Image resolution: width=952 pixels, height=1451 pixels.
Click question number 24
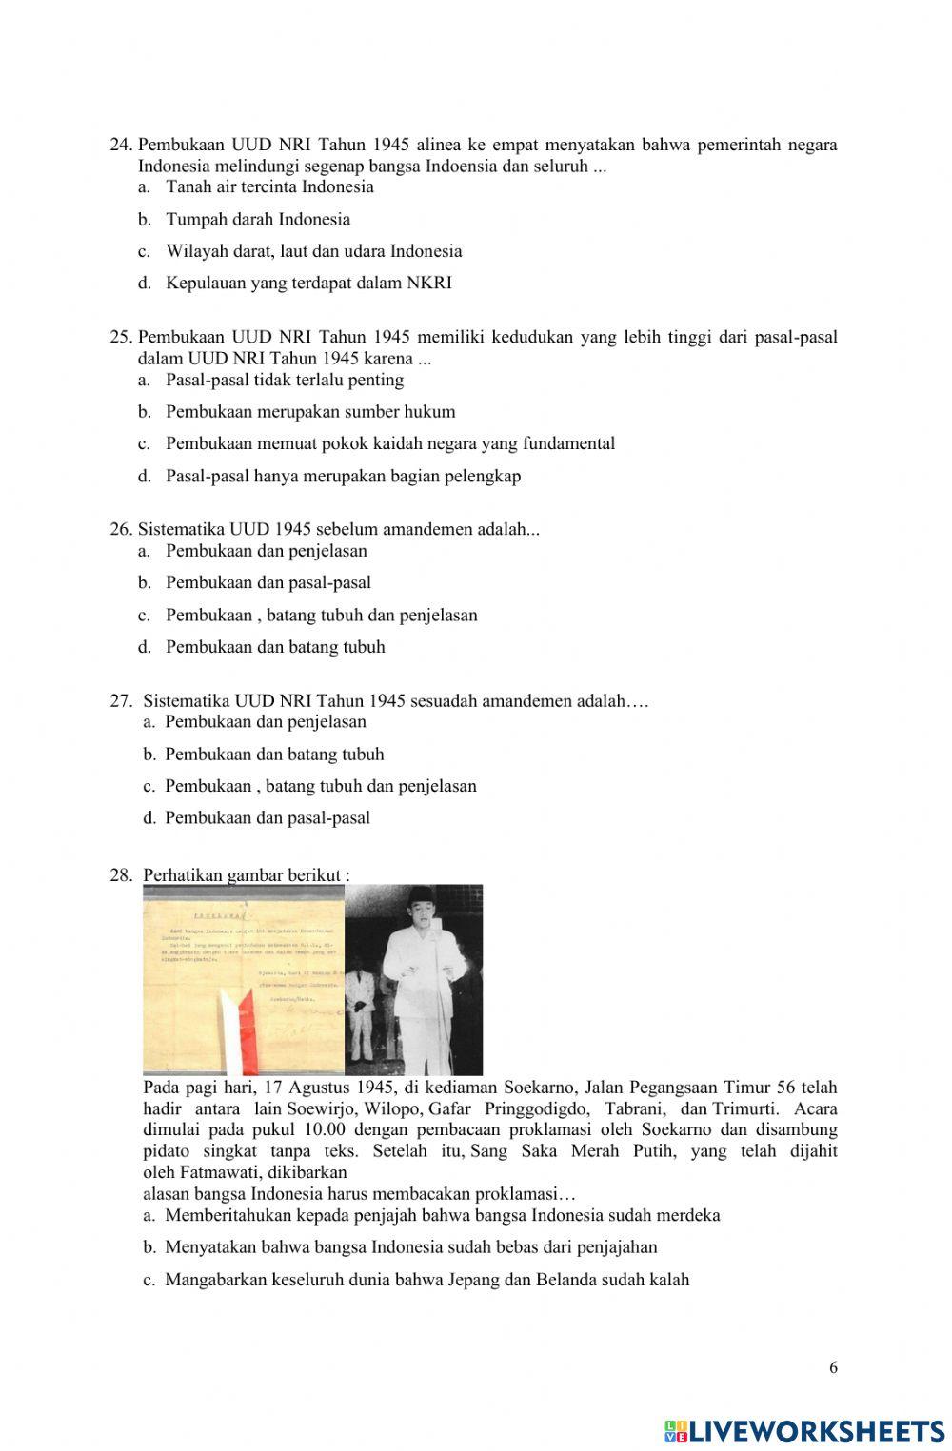[121, 146]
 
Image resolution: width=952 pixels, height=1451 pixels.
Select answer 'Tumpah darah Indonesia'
[257, 220]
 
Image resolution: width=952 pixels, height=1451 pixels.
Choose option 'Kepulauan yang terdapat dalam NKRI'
[308, 284]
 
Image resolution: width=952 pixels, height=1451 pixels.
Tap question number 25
[121, 338]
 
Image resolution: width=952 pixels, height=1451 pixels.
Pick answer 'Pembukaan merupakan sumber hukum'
[310, 412]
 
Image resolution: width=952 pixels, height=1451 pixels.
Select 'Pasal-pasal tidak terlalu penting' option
[285, 381]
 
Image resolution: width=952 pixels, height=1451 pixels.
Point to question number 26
[121, 530]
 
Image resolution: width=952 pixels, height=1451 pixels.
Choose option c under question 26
[321, 616]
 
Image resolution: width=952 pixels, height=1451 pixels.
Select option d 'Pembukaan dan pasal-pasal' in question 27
[267, 818]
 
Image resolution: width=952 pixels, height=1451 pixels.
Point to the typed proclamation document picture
[244, 980]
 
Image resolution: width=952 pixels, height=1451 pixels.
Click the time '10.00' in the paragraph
[327, 1130]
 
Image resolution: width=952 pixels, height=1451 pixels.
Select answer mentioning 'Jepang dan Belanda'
[426, 1281]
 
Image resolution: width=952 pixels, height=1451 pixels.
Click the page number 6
[833, 1368]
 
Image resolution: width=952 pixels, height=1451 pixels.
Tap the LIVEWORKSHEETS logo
[804, 1431]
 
